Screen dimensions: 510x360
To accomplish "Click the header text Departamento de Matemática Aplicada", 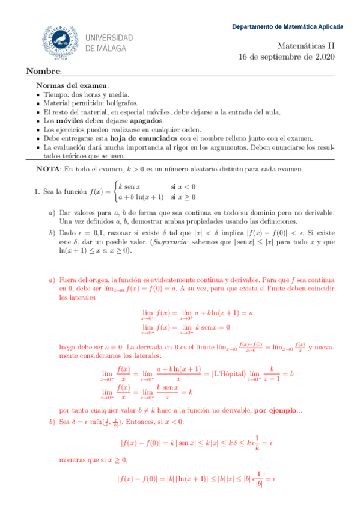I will pyautogui.click(x=288, y=27).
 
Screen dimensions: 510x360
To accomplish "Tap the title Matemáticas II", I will pyautogui.click(x=310, y=45).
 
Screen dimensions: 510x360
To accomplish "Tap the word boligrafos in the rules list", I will pyautogui.click(x=125, y=103).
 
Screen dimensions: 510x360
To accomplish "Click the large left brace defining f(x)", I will pyautogui.click(x=113, y=192).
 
